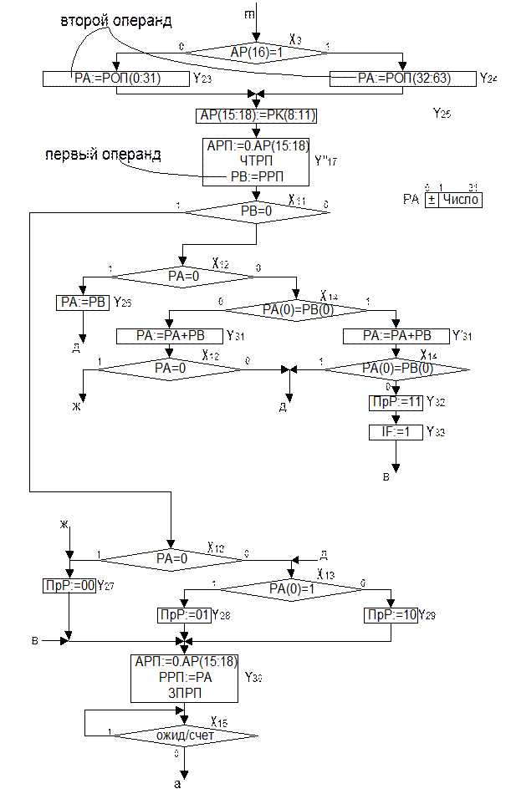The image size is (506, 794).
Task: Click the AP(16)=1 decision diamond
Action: [x=257, y=52]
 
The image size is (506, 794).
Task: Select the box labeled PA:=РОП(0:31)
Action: [x=115, y=79]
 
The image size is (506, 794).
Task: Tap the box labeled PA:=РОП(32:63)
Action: [x=404, y=79]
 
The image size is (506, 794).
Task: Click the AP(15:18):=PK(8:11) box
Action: [x=257, y=115]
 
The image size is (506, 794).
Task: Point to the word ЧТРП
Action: [x=256, y=160]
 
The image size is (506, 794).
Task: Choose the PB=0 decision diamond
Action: [x=256, y=212]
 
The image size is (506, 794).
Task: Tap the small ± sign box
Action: [x=432, y=200]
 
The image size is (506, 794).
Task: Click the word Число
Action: [x=461, y=200]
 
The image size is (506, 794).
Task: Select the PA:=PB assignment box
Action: [x=83, y=303]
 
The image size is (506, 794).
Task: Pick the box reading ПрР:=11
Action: [x=396, y=403]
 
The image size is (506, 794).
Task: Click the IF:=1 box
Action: [x=396, y=432]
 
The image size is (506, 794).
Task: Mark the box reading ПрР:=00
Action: [x=70, y=585]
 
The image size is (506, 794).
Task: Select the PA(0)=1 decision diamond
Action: [x=290, y=589]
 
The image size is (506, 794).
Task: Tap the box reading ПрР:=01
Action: [x=184, y=616]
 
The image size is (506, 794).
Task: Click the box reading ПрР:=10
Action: [x=391, y=616]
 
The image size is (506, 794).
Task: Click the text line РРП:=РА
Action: [x=185, y=677]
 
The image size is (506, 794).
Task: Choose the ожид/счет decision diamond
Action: [x=185, y=736]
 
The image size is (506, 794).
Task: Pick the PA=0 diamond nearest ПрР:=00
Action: [x=172, y=557]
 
